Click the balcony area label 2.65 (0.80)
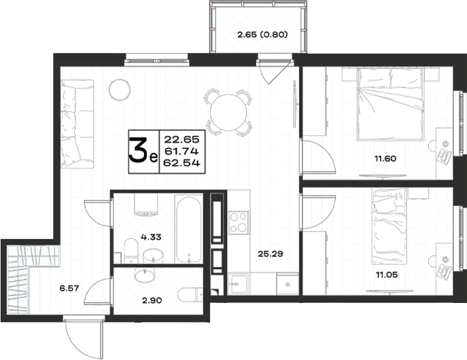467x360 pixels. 262,35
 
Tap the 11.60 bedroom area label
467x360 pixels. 385,158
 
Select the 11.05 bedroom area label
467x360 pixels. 387,274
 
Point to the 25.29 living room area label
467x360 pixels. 271,254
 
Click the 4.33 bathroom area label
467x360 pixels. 151,237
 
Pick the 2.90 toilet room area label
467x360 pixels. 152,300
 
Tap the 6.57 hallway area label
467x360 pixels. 69,288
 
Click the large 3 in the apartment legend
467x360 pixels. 139,151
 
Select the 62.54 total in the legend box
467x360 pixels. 182,163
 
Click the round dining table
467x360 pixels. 228,112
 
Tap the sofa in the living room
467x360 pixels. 77,124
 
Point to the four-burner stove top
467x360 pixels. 239,223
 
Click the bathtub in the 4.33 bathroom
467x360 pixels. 188,230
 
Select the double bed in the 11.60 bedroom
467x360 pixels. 390,103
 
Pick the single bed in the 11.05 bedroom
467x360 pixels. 389,226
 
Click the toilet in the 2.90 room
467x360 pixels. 190,295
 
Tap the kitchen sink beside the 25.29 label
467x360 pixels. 238,284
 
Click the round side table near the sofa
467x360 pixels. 120,90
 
